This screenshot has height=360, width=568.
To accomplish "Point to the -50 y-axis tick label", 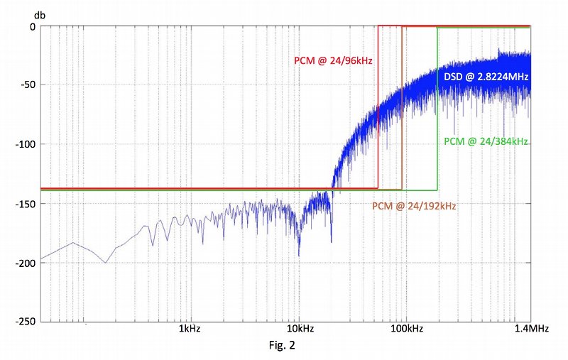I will coord(28,85).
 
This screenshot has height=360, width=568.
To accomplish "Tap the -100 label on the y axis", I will coord(26,144).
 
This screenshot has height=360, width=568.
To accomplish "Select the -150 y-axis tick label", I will coord(26,203).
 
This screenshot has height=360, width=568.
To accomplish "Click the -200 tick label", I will coord(26,262).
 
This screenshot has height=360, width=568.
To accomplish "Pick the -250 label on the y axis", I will coord(26,321).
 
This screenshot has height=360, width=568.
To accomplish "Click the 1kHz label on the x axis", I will coord(188,330).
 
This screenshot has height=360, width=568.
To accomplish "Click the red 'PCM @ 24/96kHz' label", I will coord(334,61).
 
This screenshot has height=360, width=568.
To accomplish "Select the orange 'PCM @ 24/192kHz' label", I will coord(414,207).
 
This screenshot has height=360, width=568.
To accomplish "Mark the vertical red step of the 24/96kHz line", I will coord(378,107).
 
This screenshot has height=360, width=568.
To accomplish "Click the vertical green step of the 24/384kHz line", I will coord(437,107).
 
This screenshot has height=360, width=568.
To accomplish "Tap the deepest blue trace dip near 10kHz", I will coord(298,254).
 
